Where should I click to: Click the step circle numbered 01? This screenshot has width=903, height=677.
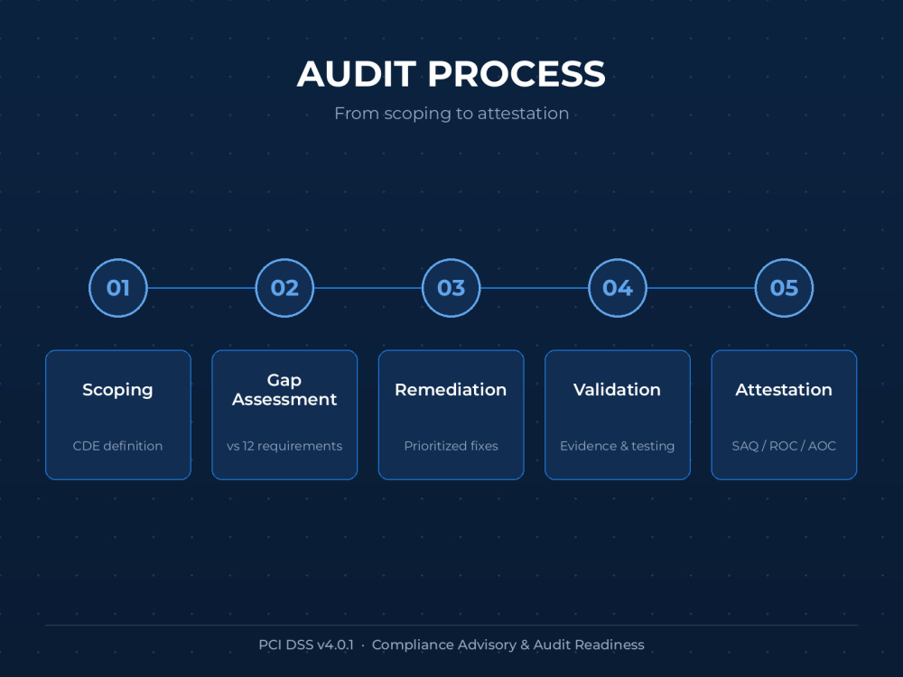pos(118,288)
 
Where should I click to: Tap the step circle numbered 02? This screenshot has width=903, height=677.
pos(284,288)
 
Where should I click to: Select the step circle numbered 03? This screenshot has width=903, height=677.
pos(451,288)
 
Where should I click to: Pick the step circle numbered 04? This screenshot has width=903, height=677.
pos(618,288)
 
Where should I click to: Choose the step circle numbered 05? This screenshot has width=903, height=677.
pos(784,288)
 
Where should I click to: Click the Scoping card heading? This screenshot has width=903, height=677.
pos(117,390)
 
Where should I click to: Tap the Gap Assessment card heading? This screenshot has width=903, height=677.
pos(284,390)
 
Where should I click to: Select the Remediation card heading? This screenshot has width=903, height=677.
pos(451,390)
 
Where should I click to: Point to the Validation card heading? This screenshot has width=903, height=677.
pos(618,390)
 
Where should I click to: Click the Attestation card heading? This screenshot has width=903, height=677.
pos(784,390)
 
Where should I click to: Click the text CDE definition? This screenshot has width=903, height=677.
pos(117,446)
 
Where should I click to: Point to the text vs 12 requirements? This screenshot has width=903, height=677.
pos(284,446)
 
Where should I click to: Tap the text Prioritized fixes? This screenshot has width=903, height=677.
pos(451,446)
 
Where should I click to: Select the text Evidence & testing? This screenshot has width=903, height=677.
pos(618,446)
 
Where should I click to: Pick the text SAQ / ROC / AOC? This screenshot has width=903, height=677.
pos(784,446)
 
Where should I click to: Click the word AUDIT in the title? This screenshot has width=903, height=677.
pos(357,74)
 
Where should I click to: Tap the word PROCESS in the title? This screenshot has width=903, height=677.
pos(517,74)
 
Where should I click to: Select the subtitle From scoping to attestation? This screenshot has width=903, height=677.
pos(451,114)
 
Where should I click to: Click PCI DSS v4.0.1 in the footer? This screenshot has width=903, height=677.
pos(306,645)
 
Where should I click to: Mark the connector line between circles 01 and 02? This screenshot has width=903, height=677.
pos(201,288)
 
